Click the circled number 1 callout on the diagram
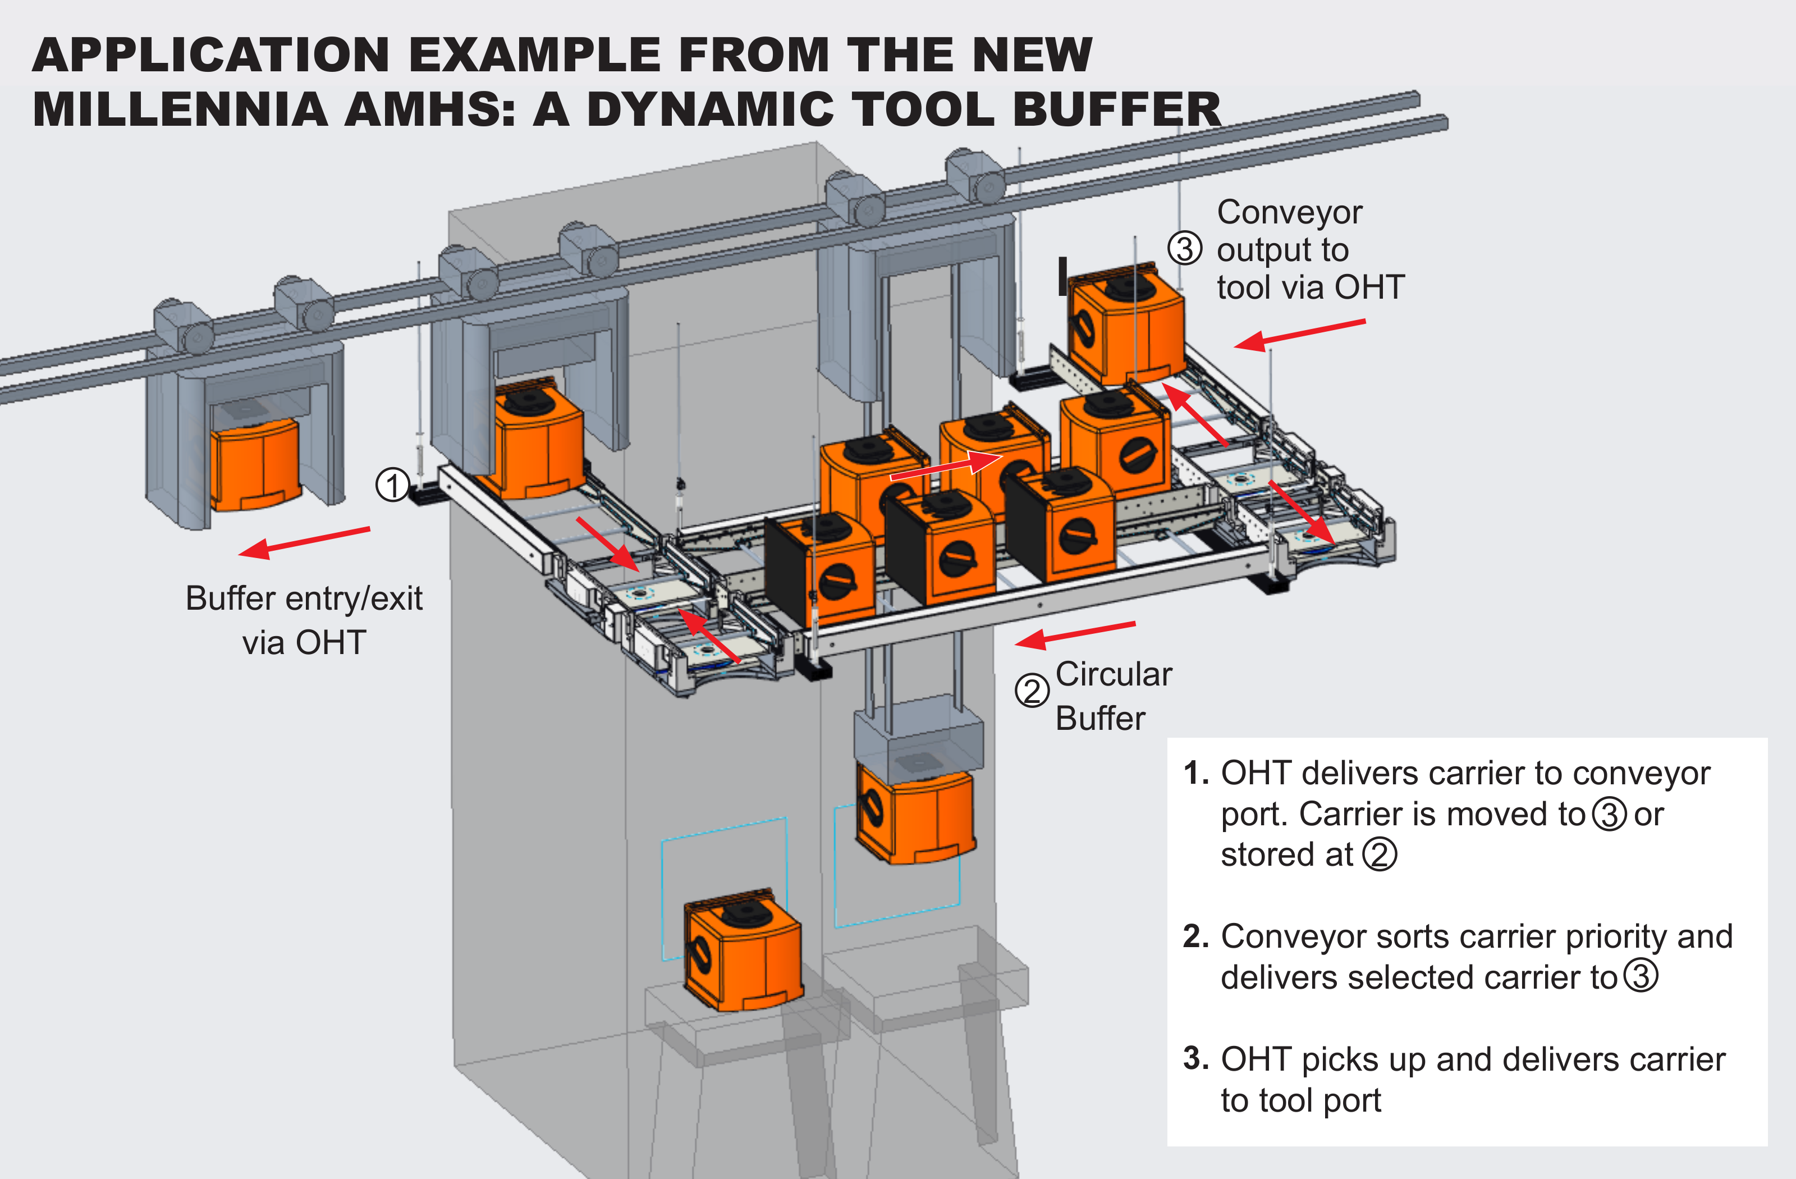click(x=392, y=485)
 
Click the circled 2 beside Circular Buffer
click(x=1032, y=691)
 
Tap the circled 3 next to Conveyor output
click(x=1185, y=248)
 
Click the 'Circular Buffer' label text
click(x=1112, y=695)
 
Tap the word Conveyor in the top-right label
click(x=1289, y=212)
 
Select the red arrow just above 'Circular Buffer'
click(x=1075, y=635)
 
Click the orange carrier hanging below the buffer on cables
click(x=915, y=815)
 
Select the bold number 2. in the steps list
click(x=1195, y=936)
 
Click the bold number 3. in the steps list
click(x=1195, y=1058)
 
